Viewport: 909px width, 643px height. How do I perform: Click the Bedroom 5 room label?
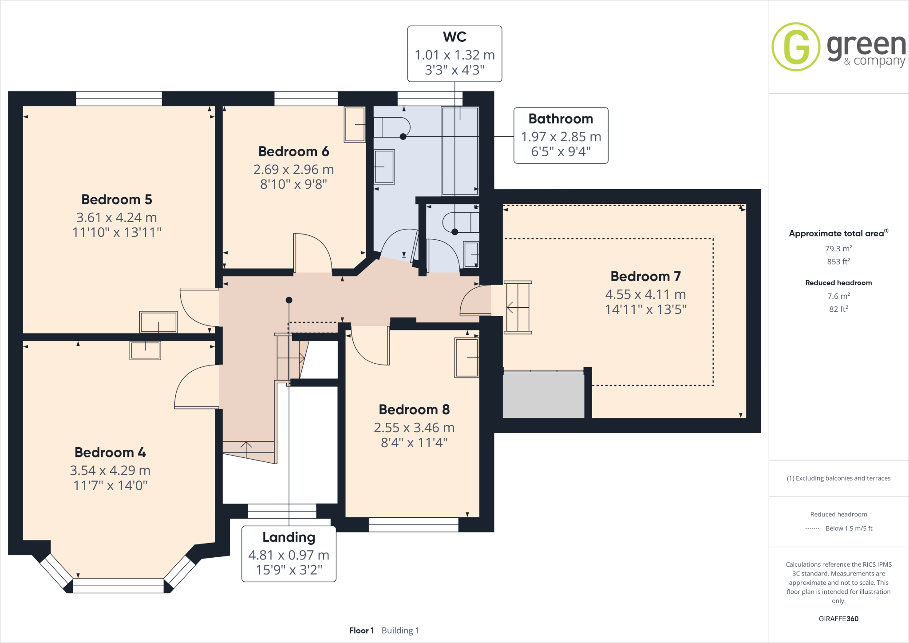tap(117, 200)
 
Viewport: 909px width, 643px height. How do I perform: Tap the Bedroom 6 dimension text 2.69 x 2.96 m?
tap(293, 170)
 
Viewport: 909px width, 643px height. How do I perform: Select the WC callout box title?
tap(454, 37)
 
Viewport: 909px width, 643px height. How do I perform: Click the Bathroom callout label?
tap(561, 119)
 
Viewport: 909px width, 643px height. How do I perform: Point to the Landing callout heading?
tap(289, 537)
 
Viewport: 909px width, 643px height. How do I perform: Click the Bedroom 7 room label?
tap(645, 277)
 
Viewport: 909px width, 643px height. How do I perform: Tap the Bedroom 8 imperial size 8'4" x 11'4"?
tap(414, 443)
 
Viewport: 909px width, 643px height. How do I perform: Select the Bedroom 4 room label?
tap(110, 452)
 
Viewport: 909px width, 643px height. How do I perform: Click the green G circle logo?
tap(796, 47)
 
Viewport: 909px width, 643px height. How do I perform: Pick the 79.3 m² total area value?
tap(838, 249)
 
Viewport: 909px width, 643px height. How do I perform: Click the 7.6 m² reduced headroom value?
tap(838, 296)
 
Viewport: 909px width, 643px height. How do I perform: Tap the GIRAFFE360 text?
tap(838, 619)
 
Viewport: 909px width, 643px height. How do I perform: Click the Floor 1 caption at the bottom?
tap(361, 631)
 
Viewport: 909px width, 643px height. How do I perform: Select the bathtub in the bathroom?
tap(460, 151)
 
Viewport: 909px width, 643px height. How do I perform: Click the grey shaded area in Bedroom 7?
tap(543, 395)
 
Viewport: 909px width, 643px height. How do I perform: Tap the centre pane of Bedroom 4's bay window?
tap(118, 586)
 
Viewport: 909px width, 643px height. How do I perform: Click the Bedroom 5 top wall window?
tap(119, 98)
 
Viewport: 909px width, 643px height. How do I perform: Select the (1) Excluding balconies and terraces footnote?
tap(838, 478)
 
